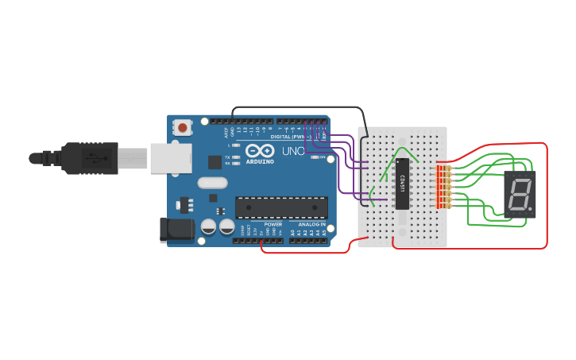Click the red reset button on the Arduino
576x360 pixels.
pyautogui.click(x=184, y=127)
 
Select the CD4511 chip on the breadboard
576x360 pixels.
pyautogui.click(x=403, y=184)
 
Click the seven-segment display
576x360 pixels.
pyautogui.click(x=520, y=194)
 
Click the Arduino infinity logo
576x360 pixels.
pyautogui.click(x=260, y=150)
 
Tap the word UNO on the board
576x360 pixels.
pyautogui.click(x=292, y=151)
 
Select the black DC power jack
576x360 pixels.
pyautogui.click(x=176, y=230)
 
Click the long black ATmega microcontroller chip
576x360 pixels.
pyautogui.click(x=281, y=208)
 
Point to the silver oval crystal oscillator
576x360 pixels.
pyautogui.click(x=213, y=183)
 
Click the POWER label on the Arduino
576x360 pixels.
pyautogui.click(x=273, y=224)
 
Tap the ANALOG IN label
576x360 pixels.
pyautogui.click(x=311, y=224)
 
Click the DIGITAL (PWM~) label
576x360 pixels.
pyautogui.click(x=291, y=137)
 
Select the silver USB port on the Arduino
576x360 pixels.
pyautogui.click(x=171, y=157)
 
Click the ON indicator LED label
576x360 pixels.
pyautogui.click(x=323, y=157)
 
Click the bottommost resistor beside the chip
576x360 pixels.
pyautogui.click(x=443, y=206)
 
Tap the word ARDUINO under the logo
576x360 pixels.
pyautogui.click(x=260, y=161)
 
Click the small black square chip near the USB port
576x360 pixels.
pyautogui.click(x=215, y=162)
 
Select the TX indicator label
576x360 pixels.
pyautogui.click(x=228, y=157)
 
